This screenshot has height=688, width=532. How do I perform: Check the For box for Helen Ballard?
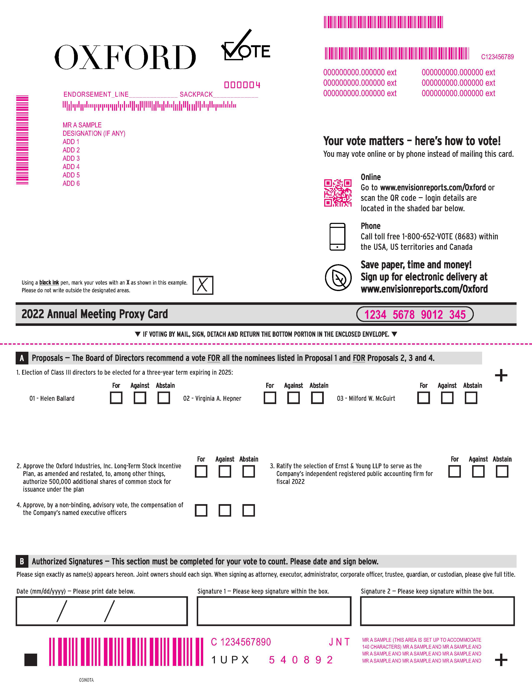point(116,398)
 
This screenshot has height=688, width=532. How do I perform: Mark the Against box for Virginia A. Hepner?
point(293,398)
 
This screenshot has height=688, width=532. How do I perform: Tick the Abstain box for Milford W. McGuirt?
point(471,398)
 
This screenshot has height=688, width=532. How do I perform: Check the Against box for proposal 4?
point(225,510)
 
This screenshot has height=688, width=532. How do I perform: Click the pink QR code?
point(338,193)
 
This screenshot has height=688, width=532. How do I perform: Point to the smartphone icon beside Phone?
point(337,237)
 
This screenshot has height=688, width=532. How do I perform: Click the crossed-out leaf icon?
point(338,277)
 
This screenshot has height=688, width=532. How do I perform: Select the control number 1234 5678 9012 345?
point(415,314)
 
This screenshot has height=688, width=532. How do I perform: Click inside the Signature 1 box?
point(274,611)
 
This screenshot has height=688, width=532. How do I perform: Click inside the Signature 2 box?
point(437,611)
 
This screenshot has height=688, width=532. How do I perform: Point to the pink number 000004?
point(242,85)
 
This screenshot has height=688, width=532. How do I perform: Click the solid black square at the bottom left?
point(31,660)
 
